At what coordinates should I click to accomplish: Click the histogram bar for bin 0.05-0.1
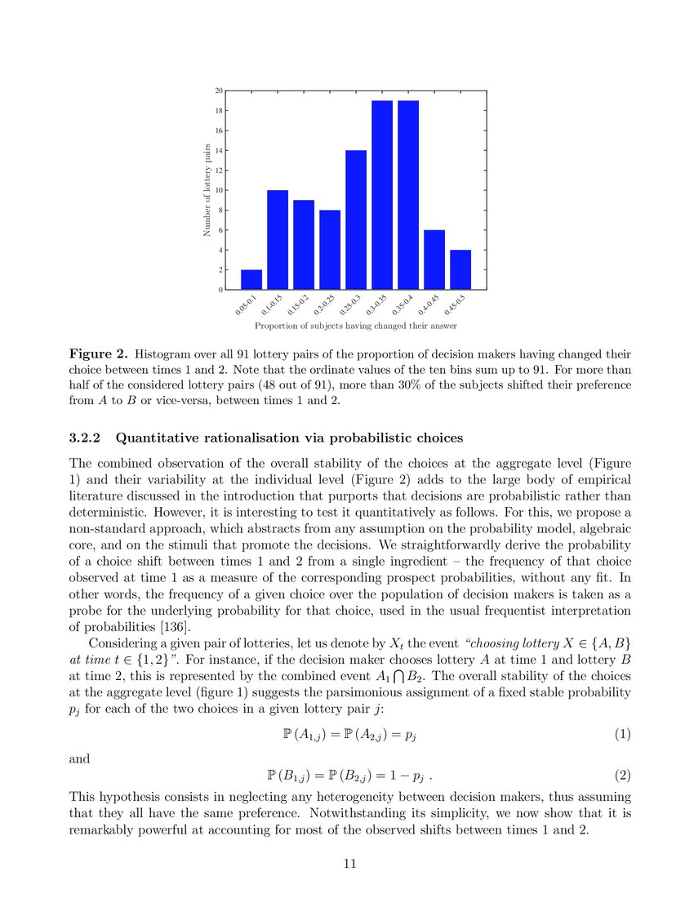(x=251, y=279)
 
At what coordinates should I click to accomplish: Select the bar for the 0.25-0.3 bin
(x=356, y=220)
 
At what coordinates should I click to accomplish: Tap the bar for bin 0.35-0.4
(x=408, y=195)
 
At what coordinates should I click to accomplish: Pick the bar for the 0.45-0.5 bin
(x=460, y=269)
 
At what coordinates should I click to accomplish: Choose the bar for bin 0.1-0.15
(x=278, y=240)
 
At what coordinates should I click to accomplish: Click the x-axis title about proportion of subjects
(x=355, y=326)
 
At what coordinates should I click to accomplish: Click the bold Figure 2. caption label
(x=98, y=354)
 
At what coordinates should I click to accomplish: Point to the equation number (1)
(x=622, y=734)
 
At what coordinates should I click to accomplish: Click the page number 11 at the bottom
(x=347, y=862)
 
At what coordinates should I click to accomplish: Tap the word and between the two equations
(x=79, y=758)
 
